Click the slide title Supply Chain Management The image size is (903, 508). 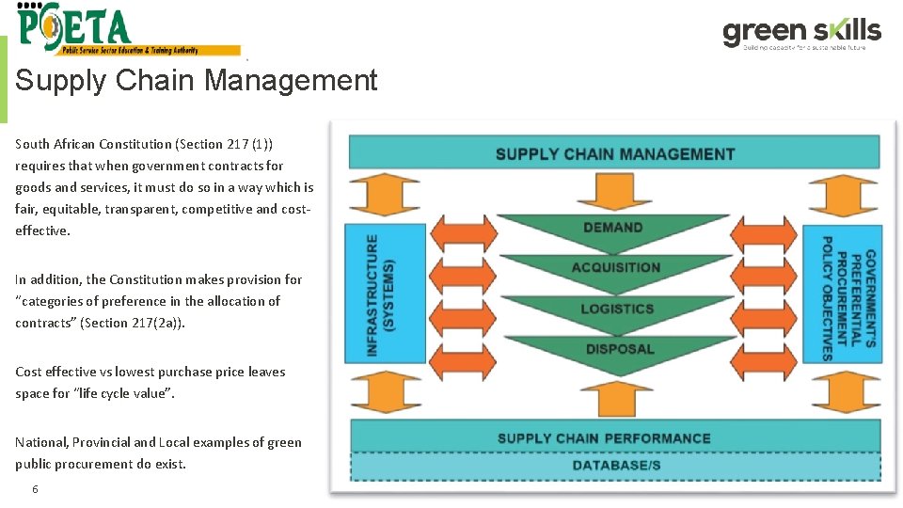196,81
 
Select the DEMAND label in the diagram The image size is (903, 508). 612,227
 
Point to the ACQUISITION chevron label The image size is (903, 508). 615,267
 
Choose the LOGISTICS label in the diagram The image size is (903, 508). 616,309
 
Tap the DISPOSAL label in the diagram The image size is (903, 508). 619,349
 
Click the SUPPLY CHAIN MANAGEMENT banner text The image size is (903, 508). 615,153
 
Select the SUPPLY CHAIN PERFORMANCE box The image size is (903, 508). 604,437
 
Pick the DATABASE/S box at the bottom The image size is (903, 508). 616,466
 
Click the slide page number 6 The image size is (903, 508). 35,489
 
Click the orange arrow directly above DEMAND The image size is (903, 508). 613,192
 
